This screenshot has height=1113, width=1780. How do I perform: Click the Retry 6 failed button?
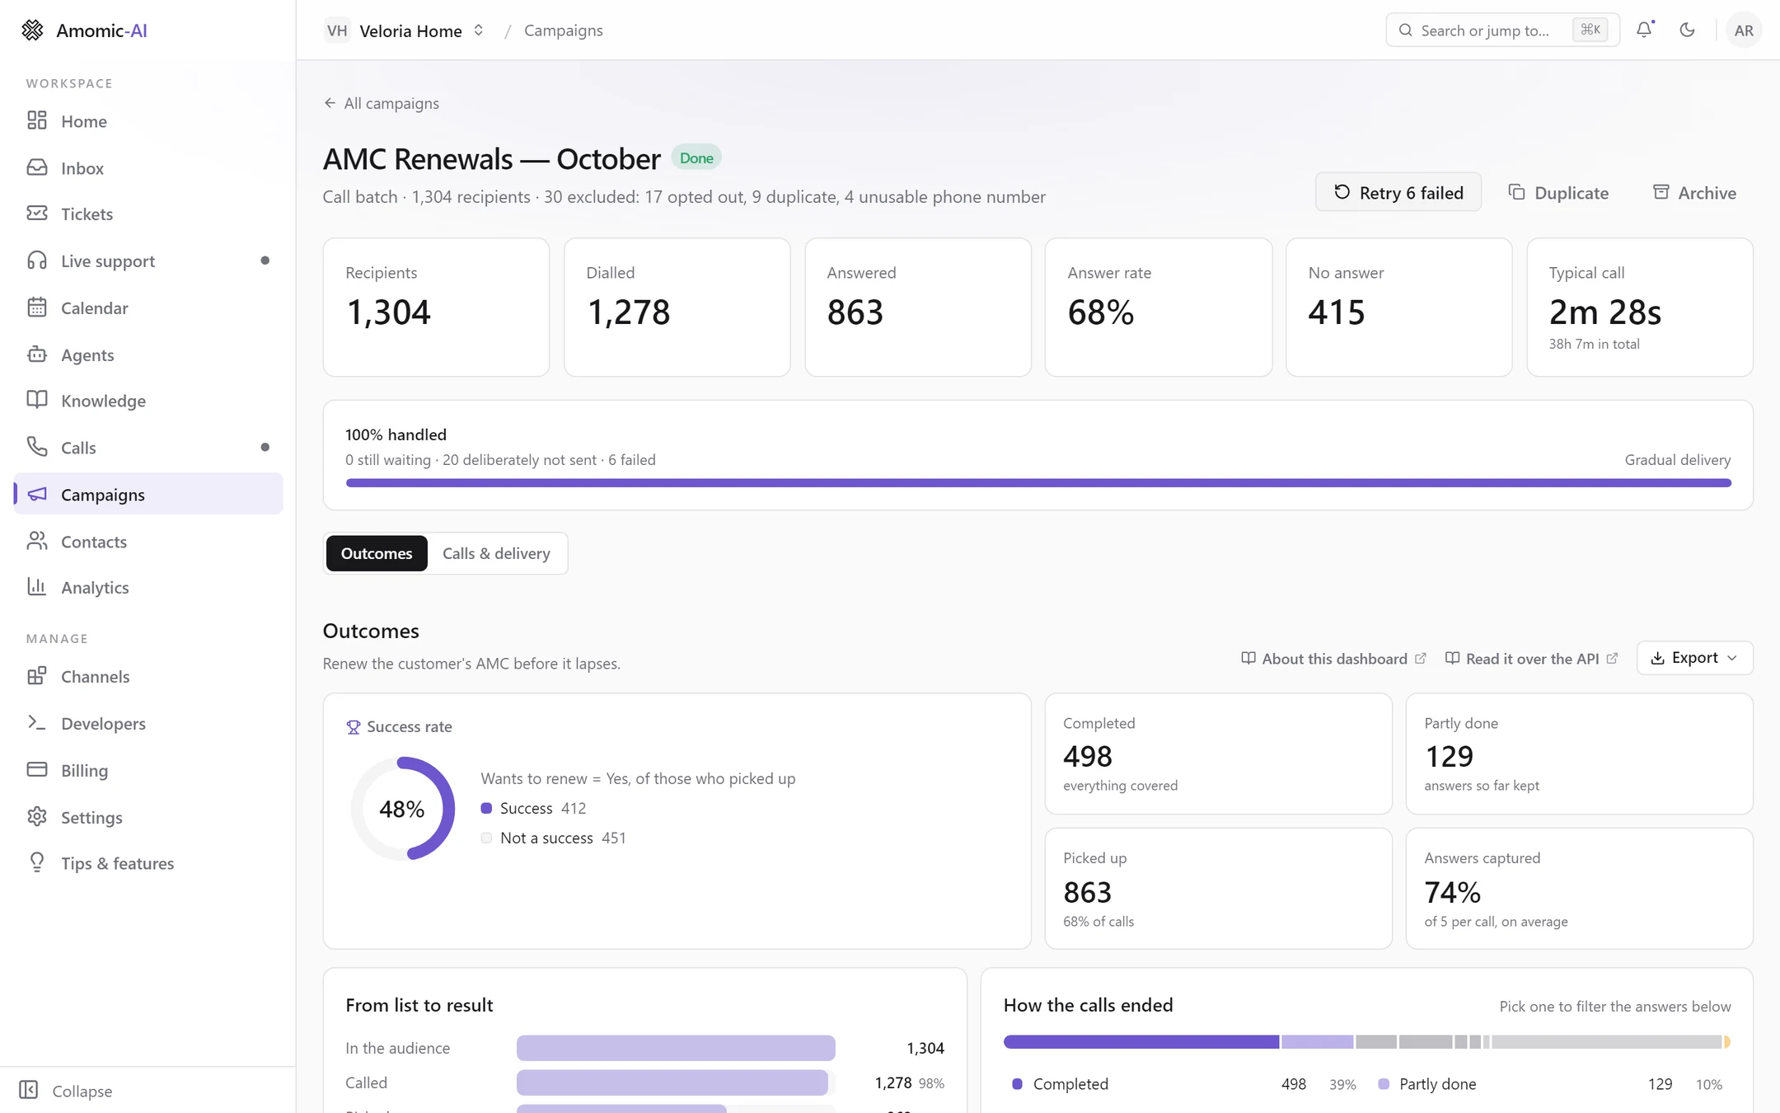coord(1398,192)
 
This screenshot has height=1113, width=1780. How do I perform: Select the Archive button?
coord(1695,192)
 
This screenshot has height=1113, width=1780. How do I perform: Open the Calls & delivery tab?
coord(496,553)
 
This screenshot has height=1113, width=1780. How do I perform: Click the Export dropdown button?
coord(1694,658)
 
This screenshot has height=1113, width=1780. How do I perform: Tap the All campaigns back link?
coord(382,103)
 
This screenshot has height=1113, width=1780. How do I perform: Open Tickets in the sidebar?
coord(87,214)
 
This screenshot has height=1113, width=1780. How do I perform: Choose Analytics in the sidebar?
coord(95,587)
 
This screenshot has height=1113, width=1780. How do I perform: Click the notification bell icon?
coord(1644,30)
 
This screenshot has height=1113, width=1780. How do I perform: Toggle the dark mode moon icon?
coord(1687,30)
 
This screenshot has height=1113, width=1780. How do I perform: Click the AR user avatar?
coord(1744,30)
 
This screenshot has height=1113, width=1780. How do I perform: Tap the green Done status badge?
coord(696,157)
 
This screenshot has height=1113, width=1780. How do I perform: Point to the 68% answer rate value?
coord(1101,312)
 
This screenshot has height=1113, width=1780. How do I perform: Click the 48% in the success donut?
coord(402,809)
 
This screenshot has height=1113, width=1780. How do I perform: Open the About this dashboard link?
coord(1333,659)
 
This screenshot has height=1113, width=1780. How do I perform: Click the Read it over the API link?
coord(1531,659)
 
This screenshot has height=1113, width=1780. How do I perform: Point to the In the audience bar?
coord(676,1048)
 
